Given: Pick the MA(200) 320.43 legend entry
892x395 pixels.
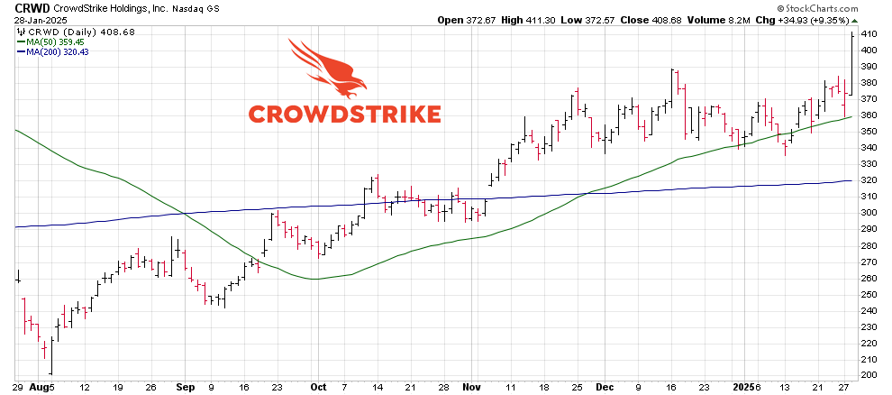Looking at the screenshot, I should [61, 51].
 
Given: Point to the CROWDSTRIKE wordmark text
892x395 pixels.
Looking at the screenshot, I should [344, 114].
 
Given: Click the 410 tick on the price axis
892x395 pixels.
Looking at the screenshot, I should [869, 34].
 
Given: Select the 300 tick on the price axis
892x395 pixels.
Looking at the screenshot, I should [869, 213].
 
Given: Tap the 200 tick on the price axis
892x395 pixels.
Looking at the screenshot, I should [869, 375].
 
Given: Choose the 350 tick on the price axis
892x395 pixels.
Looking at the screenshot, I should [869, 132].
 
